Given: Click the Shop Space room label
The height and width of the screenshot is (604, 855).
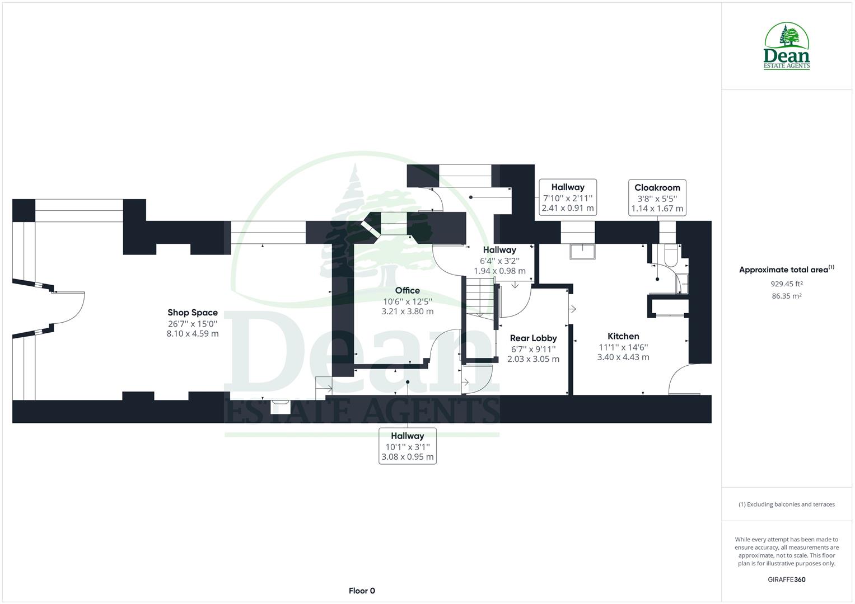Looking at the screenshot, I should pos(192,313).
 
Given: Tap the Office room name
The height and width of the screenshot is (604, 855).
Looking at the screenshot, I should pos(407,290).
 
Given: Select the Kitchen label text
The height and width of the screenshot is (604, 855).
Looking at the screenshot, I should pos(623,336).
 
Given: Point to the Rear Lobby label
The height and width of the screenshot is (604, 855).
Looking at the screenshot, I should pos(533,338).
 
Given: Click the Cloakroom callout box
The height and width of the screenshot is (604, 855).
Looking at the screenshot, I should pos(657,198).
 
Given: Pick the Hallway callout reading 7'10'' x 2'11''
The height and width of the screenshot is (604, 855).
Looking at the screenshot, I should pos(567,197).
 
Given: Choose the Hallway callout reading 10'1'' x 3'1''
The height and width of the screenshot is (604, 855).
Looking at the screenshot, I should pos(407,446).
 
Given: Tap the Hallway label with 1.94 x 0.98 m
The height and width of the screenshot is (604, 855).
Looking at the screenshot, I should pos(499,260).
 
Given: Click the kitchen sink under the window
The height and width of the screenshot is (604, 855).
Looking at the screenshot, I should pos(583,252).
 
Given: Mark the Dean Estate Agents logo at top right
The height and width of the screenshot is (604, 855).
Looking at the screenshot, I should pos(787,46).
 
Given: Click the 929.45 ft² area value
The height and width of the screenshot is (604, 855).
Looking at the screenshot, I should pos(786,284).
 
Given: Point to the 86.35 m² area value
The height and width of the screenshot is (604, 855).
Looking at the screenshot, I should pos(786,296).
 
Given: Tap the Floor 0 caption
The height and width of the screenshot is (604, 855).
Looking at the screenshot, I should pos(362,591).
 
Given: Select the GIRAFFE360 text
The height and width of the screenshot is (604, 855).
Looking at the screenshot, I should pos(786,579).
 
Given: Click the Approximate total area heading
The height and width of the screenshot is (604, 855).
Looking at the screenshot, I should pos(786,270).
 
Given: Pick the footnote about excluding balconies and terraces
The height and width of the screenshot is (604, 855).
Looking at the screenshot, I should pos(786,504).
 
